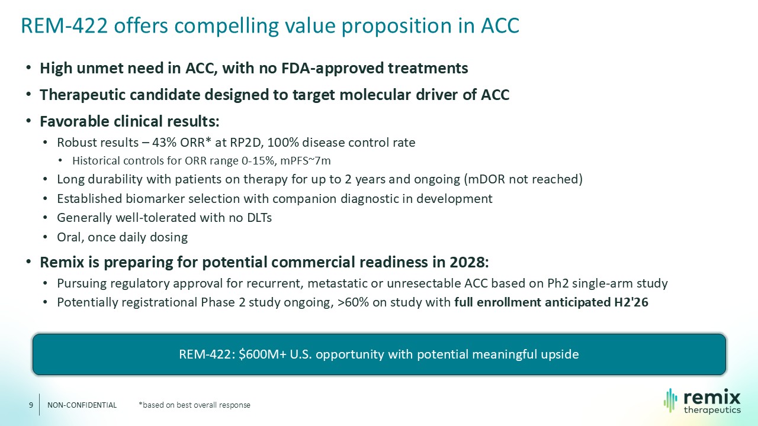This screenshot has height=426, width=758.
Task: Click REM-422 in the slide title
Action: [65, 25]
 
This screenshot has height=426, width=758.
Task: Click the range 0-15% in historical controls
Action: [258, 160]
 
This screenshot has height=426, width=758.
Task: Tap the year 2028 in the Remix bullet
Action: [469, 262]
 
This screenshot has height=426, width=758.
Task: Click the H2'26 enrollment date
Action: [631, 302]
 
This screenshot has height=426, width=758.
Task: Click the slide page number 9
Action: [31, 405]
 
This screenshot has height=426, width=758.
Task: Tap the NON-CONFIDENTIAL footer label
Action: [82, 405]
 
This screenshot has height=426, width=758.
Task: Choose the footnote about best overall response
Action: [194, 405]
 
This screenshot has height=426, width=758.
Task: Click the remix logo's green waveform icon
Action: [670, 401]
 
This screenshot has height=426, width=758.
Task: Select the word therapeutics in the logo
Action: [712, 410]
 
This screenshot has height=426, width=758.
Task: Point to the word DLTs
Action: [259, 218]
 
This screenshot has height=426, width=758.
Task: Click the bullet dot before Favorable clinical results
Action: [29, 121]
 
